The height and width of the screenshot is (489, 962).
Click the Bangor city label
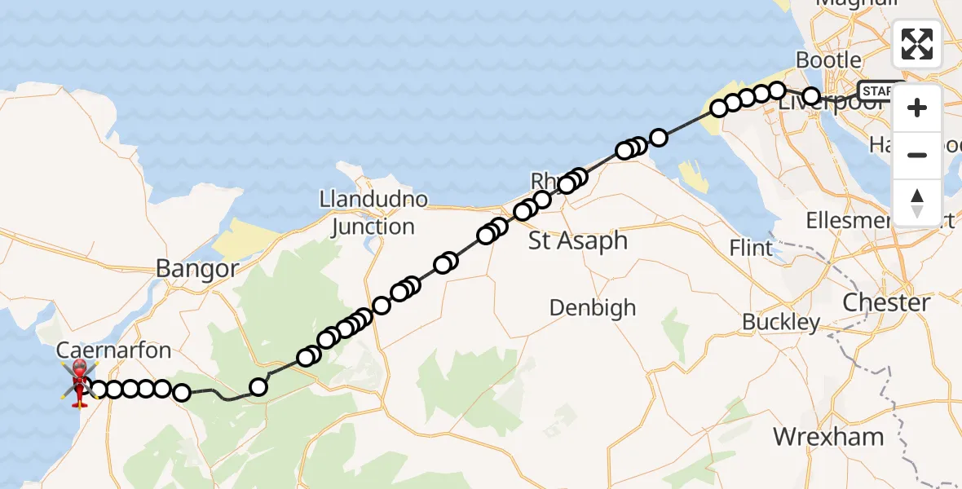tap(197, 269)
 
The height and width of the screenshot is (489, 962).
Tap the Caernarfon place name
tap(114, 351)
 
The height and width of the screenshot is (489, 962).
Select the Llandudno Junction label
tap(374, 213)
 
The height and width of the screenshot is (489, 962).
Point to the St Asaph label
tap(578, 240)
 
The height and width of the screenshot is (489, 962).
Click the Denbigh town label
tap(592, 308)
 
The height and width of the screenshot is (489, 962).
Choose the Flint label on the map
tap(751, 247)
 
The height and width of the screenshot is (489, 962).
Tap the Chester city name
tap(886, 302)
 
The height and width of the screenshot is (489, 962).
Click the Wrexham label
tap(828, 436)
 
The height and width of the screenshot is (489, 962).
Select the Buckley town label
tap(781, 322)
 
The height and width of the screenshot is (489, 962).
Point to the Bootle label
tap(828, 59)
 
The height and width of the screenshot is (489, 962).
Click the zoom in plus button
tap(917, 108)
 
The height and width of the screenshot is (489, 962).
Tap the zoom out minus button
tap(917, 155)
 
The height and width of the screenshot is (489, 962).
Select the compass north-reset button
tap(917, 201)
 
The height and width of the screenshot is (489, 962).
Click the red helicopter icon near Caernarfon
tap(79, 382)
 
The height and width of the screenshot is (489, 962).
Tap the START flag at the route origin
tap(880, 90)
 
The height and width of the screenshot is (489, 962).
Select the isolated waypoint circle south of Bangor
tap(258, 387)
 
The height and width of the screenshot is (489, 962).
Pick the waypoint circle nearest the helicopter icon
tap(98, 390)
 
